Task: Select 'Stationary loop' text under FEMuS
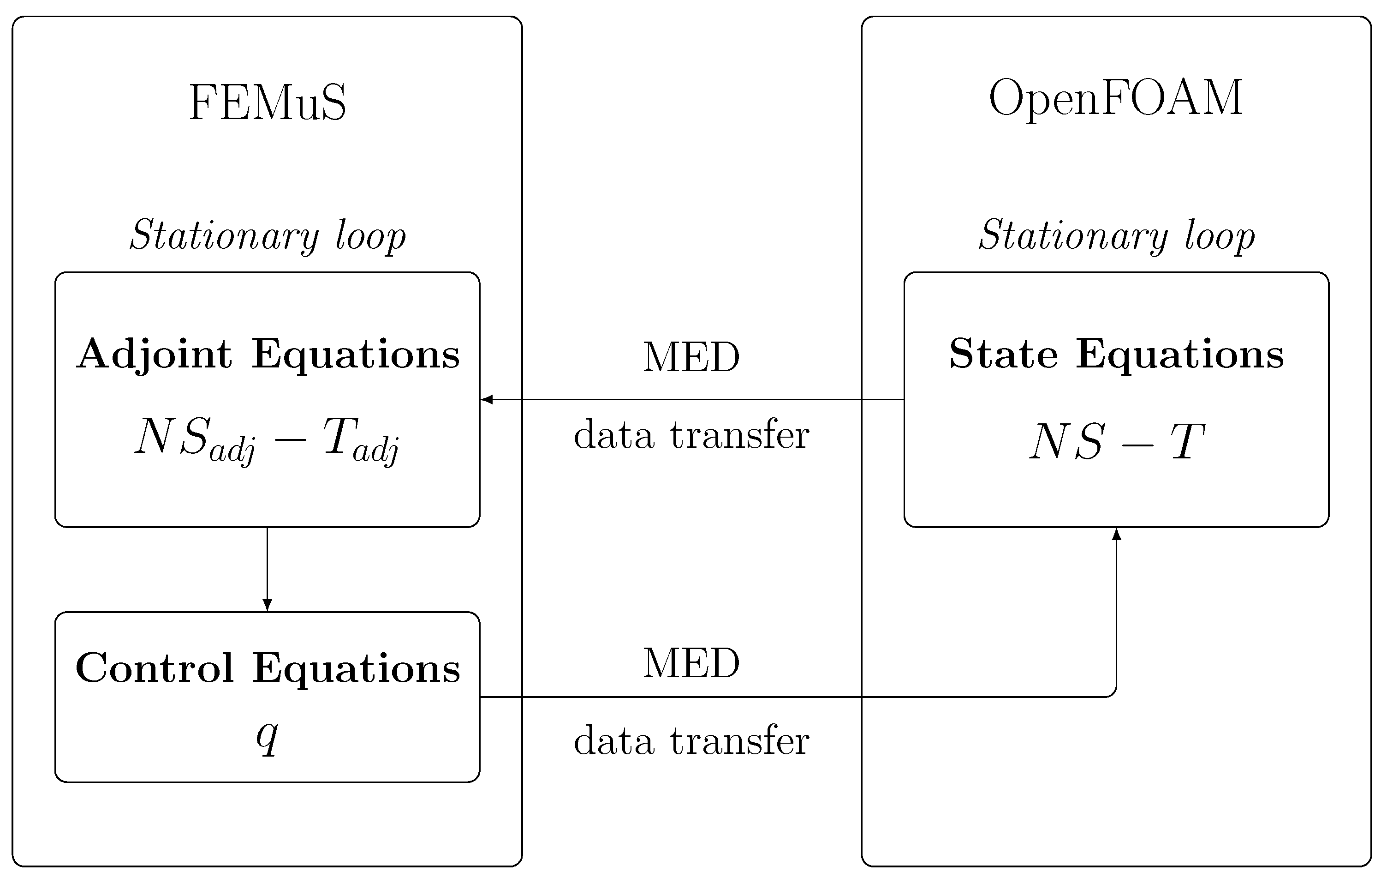(x=267, y=235)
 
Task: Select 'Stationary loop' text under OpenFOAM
(x=1117, y=235)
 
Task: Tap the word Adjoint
(x=155, y=354)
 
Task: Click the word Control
(x=155, y=668)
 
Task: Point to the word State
(x=1003, y=354)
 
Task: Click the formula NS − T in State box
(x=1117, y=442)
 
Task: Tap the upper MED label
(x=691, y=357)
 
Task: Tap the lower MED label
(x=691, y=663)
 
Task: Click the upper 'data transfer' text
(x=691, y=435)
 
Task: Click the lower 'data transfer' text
(x=691, y=741)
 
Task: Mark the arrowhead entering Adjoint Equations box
(x=486, y=399)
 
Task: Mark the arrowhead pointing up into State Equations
(x=1116, y=534)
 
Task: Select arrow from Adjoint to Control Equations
(x=267, y=568)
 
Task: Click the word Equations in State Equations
(x=1180, y=354)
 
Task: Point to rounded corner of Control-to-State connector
(x=1113, y=693)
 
